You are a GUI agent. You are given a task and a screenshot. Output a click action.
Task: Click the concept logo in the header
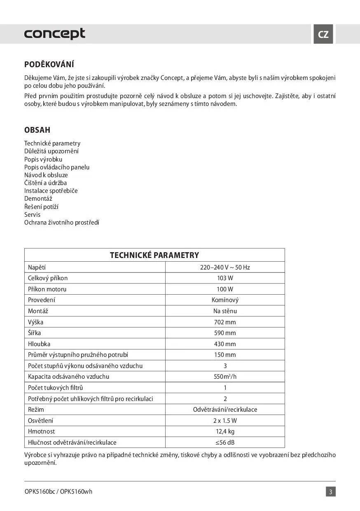pos(55,34)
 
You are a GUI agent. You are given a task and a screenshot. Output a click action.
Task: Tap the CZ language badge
pos(323,34)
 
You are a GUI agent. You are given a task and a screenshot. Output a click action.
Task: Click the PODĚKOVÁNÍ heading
pos(49,64)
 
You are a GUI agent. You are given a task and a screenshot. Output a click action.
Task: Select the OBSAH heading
pos(37,130)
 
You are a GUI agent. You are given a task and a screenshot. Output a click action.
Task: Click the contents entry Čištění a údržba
pos(45,183)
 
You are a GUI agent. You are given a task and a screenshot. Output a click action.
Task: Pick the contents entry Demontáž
pos(38,199)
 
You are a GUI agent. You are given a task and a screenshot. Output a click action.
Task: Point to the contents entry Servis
pos(33,215)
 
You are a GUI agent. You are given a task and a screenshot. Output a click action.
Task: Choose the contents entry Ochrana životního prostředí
pos(62,223)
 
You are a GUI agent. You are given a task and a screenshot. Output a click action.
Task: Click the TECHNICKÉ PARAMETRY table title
pos(154,255)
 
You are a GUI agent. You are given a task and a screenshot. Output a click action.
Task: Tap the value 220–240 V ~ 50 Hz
pos(225,267)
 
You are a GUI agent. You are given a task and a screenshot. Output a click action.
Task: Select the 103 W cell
pos(225,278)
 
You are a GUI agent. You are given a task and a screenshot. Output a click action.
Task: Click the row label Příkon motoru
pos(47,289)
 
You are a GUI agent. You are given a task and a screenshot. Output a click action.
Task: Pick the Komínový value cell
pos(225,300)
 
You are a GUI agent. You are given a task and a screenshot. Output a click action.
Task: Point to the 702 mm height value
pos(225,322)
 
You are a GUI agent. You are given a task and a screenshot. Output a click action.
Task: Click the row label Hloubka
pos(39,344)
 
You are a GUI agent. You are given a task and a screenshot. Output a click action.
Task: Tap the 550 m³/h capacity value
pos(225,377)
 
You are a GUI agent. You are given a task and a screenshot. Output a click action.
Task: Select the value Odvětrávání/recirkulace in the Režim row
pos(225,410)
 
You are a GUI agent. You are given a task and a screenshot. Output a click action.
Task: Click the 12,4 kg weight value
pos(225,431)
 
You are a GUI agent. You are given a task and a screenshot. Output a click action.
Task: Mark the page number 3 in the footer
pos(331,492)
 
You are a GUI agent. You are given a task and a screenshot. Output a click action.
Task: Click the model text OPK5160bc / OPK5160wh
pos(58,492)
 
